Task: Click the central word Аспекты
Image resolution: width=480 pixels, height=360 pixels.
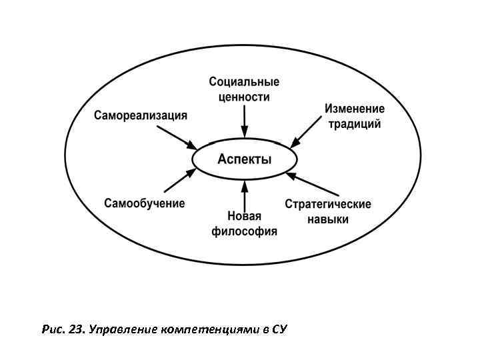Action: click(245, 160)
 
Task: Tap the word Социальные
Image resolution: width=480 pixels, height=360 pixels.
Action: click(244, 82)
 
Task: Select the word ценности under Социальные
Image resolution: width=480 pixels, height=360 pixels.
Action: click(244, 97)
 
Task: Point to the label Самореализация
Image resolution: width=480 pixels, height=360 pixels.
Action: click(141, 115)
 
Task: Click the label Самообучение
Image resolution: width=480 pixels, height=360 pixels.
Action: click(145, 203)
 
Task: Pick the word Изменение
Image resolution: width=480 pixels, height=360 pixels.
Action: click(355, 109)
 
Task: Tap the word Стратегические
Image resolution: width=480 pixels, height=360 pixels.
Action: click(328, 204)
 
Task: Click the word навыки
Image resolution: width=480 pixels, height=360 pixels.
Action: click(328, 219)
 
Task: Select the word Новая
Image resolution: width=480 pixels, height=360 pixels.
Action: click(245, 217)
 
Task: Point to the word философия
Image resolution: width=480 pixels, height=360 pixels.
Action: click(245, 232)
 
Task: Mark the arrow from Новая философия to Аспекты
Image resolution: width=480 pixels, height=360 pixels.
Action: click(245, 195)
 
